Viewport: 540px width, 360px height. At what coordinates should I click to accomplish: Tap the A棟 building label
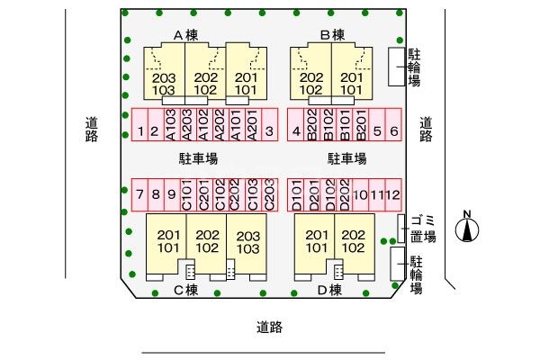[x=185, y=35]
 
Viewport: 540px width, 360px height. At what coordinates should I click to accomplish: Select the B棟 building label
[x=332, y=35]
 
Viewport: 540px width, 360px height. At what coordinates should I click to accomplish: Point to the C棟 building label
[x=186, y=290]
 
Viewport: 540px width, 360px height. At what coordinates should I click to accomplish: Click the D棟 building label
[x=329, y=290]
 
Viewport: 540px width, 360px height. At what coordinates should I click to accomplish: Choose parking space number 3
[x=270, y=125]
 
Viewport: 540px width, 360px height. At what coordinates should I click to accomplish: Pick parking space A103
[x=172, y=125]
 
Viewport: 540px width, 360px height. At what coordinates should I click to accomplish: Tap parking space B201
[x=361, y=125]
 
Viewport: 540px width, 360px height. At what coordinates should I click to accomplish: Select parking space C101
[x=188, y=194]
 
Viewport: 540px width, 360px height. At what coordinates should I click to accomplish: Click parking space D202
[x=345, y=194]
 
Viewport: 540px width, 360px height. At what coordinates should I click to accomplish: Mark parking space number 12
[x=393, y=194]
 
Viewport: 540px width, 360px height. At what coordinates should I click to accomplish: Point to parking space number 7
[x=139, y=194]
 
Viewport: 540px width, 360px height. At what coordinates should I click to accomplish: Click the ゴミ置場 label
[x=423, y=229]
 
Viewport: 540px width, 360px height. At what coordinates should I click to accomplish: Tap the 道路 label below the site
[x=269, y=327]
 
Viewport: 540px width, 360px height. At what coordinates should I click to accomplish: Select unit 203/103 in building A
[x=164, y=84]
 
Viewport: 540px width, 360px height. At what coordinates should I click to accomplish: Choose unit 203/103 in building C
[x=248, y=242]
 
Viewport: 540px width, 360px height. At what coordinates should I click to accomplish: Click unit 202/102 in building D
[x=354, y=241]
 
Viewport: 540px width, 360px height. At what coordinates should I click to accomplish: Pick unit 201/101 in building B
[x=351, y=84]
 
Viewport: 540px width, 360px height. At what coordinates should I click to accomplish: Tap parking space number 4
[x=296, y=125]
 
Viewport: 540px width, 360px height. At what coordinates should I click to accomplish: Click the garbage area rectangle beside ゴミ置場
[x=400, y=229]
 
